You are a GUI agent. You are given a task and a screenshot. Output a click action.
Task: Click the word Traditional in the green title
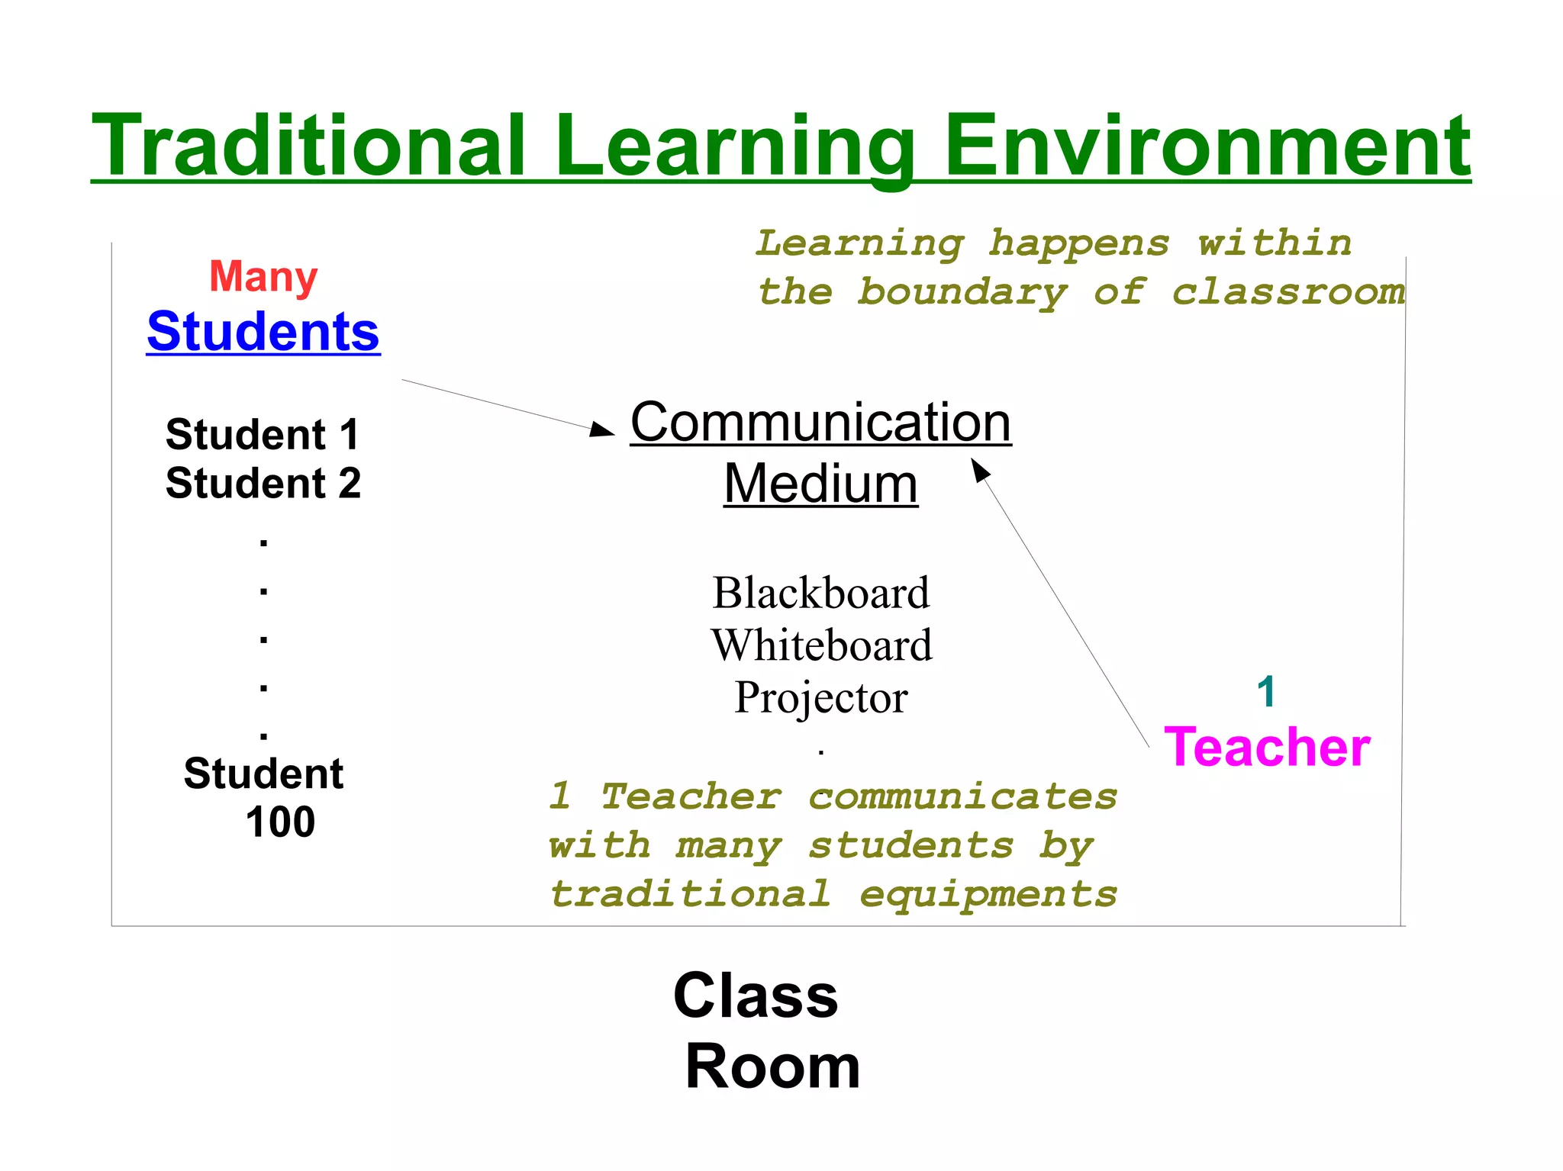tap(308, 145)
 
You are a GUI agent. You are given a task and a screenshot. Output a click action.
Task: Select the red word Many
tap(263, 276)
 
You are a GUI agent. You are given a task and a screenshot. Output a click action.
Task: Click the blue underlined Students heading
tap(263, 332)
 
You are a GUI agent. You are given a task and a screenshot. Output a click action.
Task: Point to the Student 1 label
tap(263, 435)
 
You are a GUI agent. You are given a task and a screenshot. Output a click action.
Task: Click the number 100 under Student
tap(280, 822)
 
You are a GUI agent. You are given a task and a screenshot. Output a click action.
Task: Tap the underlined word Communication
tap(820, 422)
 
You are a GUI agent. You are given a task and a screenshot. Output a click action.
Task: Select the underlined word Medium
tap(820, 484)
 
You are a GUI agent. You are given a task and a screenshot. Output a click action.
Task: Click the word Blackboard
tap(821, 593)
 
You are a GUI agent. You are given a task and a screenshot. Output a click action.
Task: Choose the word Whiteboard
tap(821, 645)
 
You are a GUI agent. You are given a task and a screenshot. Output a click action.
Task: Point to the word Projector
tap(821, 697)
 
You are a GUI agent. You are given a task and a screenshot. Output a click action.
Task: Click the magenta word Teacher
tap(1267, 747)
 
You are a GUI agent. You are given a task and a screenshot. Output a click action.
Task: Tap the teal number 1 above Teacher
tap(1266, 692)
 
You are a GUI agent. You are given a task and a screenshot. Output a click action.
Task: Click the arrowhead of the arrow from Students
tap(604, 430)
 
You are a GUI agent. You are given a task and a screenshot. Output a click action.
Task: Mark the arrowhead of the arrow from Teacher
tap(979, 467)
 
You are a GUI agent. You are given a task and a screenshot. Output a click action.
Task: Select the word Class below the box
tap(756, 996)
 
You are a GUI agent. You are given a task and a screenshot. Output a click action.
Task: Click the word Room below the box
tap(772, 1066)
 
